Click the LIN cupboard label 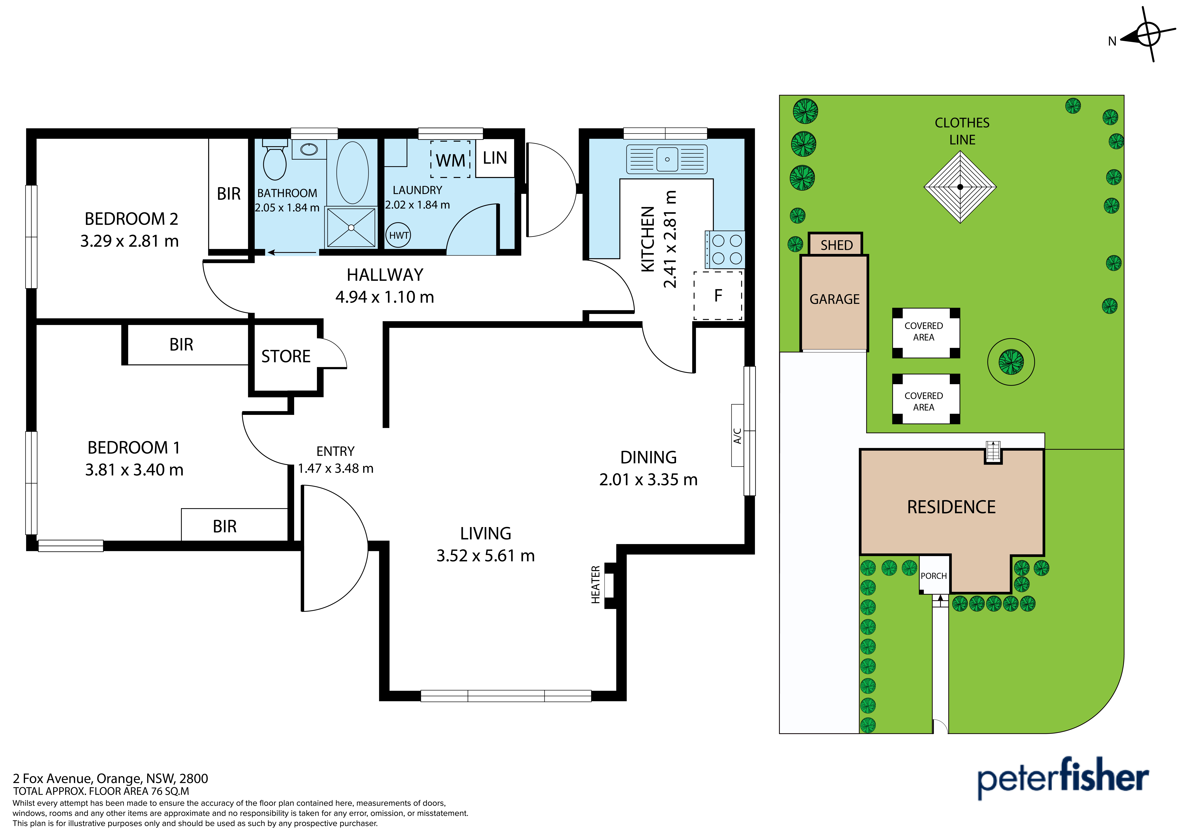495,158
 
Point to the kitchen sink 667,159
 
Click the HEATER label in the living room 596,585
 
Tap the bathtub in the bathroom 353,173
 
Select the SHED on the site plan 835,244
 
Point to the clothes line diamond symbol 960,187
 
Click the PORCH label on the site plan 934,576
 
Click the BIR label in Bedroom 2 228,194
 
